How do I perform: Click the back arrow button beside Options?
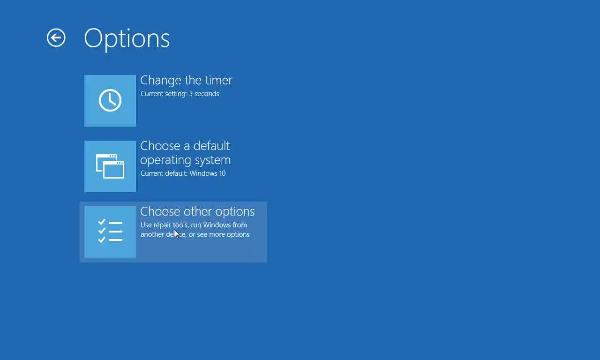(56, 38)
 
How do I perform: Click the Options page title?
(127, 39)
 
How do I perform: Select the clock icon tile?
(110, 101)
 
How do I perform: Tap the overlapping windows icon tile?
(110, 166)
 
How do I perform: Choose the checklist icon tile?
(110, 232)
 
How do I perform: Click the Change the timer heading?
(186, 80)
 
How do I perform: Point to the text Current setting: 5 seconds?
(180, 94)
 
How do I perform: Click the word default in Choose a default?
(211, 146)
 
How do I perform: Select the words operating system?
(185, 160)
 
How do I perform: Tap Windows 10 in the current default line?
(207, 173)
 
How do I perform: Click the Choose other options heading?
(197, 211)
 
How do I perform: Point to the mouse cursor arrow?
(176, 234)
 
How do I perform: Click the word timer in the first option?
(218, 80)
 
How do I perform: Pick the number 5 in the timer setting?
(191, 94)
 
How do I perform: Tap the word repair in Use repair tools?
(162, 225)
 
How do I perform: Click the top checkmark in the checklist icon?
(102, 222)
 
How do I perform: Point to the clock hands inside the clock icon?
(112, 99)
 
